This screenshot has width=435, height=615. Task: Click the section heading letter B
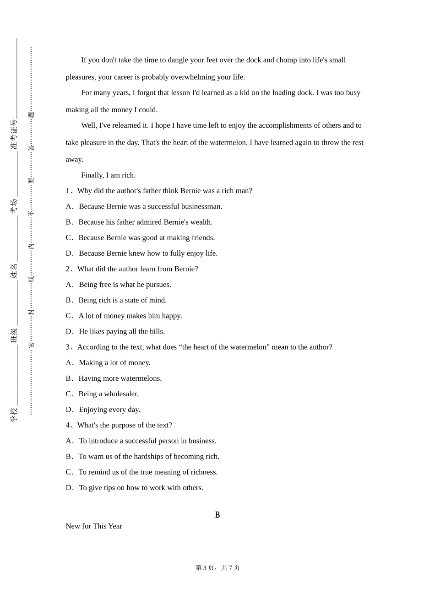[217, 515]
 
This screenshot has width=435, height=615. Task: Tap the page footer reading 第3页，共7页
[217, 567]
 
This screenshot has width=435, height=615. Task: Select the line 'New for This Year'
[94, 526]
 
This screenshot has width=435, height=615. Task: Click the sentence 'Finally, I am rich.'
[108, 175]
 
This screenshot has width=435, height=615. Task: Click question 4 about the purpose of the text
[119, 425]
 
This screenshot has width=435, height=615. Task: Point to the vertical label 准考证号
[14, 135]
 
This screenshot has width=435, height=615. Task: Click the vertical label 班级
[14, 335]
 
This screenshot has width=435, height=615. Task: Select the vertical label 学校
[14, 415]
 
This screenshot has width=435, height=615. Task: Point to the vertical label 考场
[14, 206]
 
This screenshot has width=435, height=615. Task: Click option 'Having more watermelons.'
[120, 378]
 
